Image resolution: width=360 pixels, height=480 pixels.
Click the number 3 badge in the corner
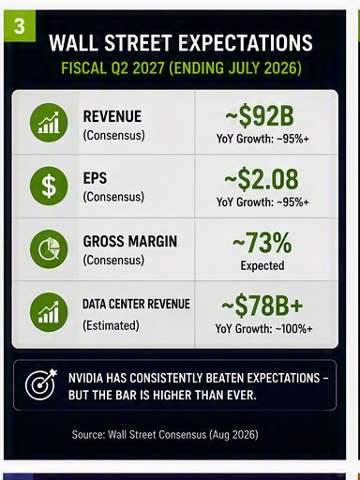coord(20,26)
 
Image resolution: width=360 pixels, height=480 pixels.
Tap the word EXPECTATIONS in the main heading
coord(247,42)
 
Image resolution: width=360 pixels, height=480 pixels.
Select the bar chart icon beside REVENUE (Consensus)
coord(49,123)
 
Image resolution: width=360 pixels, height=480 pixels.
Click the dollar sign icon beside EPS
coord(49,186)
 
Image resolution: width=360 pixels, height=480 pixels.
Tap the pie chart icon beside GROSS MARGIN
coord(49,249)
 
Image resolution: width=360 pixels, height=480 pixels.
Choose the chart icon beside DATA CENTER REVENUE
coord(49,312)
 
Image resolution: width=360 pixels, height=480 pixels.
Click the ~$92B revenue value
coord(260,116)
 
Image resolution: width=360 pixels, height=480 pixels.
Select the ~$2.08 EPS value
coord(262,179)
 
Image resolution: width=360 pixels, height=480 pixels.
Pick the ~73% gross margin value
coord(262,243)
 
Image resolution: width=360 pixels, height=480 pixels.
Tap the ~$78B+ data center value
coord(262,306)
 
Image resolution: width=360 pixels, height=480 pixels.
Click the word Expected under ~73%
coord(262,265)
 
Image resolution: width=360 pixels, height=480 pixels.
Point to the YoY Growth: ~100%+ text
coord(263,329)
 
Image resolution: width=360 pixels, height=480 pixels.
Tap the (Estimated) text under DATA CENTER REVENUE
coord(111,325)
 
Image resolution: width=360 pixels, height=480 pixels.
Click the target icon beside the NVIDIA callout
coord(41,385)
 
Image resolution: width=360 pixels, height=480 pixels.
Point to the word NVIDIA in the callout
coord(85,378)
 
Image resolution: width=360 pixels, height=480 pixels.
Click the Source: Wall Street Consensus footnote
coord(165,435)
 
